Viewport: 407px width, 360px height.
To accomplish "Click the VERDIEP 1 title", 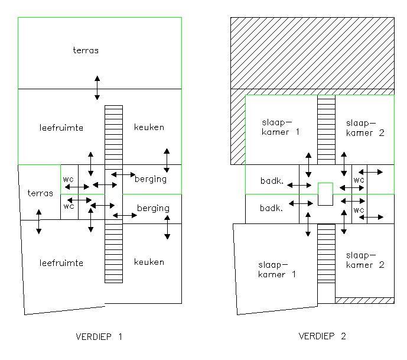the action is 99,336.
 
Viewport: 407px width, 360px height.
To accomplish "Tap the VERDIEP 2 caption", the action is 322,336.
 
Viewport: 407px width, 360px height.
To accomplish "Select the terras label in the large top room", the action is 86,50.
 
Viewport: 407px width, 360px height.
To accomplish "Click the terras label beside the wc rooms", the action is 40,193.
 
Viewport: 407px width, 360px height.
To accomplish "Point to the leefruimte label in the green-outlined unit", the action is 61,128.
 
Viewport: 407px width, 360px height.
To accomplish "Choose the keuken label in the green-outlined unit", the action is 149,127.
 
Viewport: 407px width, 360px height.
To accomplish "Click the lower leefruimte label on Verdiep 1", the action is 61,263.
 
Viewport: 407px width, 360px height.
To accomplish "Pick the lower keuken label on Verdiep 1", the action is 149,262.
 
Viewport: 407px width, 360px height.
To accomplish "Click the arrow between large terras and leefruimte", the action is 97,88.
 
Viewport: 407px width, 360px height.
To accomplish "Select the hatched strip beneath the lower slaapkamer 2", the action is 364,300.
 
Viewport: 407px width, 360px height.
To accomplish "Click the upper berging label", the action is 151,179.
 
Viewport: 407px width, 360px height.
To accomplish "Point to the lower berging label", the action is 153,208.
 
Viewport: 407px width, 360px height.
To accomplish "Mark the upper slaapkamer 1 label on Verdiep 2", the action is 281,127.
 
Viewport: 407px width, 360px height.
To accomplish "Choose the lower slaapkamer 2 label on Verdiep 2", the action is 365,260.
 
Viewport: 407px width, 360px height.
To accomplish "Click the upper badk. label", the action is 272,180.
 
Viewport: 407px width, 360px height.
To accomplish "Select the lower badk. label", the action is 271,208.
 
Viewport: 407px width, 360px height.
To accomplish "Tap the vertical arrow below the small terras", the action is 38,222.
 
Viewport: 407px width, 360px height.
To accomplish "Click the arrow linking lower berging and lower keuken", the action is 167,227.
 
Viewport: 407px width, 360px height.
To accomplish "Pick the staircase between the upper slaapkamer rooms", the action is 326,129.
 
